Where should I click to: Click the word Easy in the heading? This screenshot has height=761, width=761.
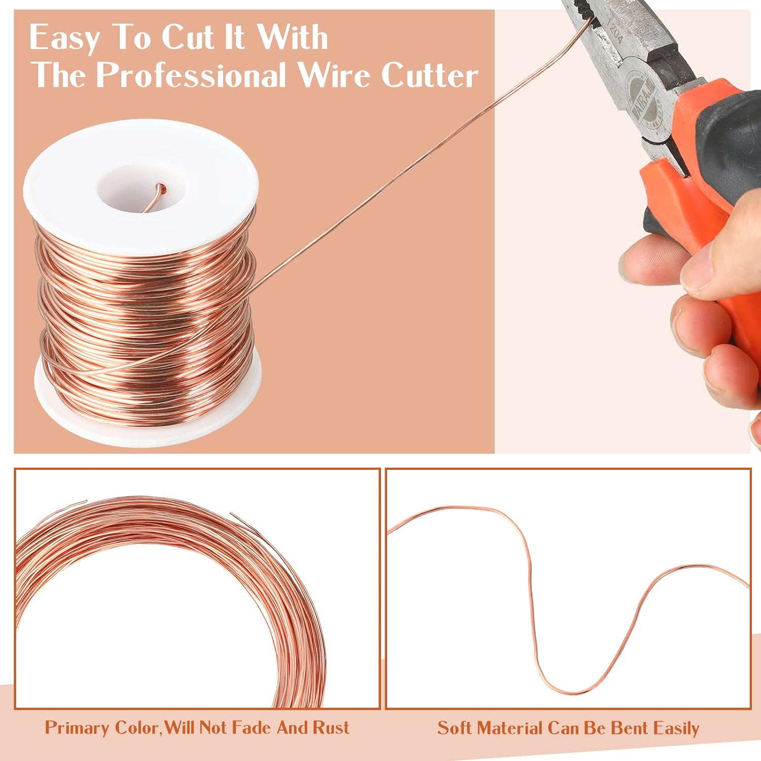pyautogui.click(x=64, y=38)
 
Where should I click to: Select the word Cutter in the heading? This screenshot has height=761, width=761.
pyautogui.click(x=429, y=76)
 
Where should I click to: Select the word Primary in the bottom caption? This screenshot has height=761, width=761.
pyautogui.click(x=78, y=728)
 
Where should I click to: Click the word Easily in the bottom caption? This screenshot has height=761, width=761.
pyautogui.click(x=676, y=729)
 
